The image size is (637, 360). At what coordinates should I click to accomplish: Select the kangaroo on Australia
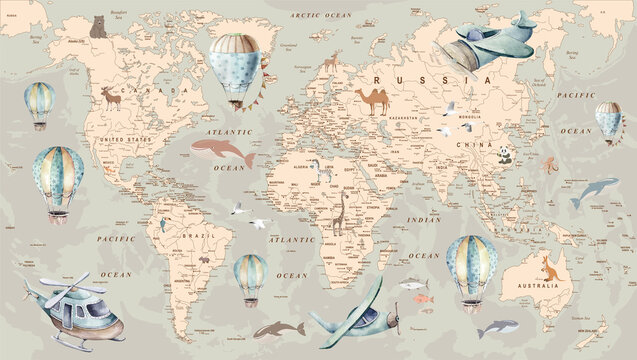(x=548, y=267)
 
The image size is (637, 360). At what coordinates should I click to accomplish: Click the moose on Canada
(x=110, y=97)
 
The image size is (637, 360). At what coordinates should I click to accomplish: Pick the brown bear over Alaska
(x=97, y=26)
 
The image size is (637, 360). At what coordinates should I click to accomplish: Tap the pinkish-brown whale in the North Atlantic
(x=221, y=152)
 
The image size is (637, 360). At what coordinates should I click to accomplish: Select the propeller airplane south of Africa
(x=354, y=314)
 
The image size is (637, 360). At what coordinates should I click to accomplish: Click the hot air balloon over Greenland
(x=233, y=66)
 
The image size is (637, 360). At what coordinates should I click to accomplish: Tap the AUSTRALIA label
(x=549, y=288)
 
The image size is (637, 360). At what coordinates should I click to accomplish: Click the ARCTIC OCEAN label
(x=318, y=16)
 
